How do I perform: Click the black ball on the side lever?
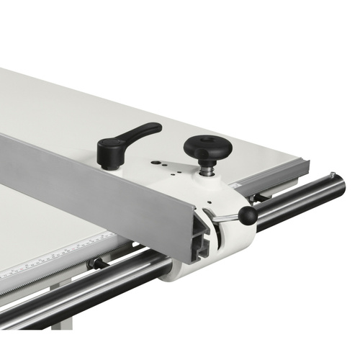click(248, 215)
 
